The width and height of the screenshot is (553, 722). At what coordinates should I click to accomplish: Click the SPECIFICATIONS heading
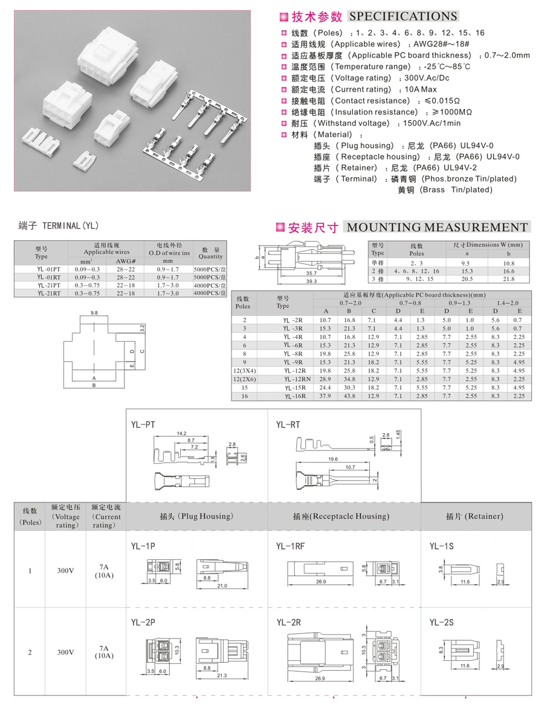(403, 17)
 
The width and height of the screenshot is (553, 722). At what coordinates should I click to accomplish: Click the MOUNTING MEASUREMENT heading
(436, 227)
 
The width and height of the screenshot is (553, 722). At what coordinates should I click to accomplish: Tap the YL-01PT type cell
(49, 268)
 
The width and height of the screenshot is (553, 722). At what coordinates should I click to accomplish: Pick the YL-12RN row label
(296, 379)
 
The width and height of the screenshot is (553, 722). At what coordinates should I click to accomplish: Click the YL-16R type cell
(296, 396)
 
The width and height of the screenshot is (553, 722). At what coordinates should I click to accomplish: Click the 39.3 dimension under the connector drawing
(311, 281)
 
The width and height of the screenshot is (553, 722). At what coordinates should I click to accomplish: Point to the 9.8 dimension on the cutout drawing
(94, 313)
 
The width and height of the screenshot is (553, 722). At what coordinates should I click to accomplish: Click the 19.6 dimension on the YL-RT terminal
(332, 459)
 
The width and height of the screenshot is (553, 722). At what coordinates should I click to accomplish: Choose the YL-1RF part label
(291, 546)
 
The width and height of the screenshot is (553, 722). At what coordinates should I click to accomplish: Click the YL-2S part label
(442, 622)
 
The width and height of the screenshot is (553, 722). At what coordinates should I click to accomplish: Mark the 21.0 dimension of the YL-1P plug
(222, 586)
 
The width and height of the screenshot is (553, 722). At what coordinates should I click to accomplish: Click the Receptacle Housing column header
(341, 516)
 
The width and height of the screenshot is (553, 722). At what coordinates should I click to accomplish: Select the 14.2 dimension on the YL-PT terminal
(181, 433)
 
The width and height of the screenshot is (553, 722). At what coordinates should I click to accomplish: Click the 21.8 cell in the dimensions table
(508, 279)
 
